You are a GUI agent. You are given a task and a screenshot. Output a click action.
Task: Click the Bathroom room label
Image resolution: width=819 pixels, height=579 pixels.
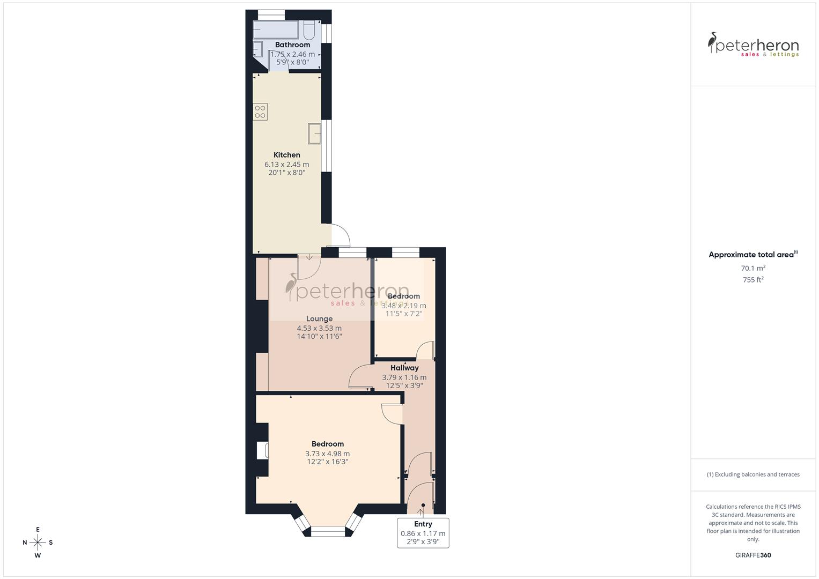point(292,44)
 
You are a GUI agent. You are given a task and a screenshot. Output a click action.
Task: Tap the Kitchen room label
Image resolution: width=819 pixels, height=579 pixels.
point(287,155)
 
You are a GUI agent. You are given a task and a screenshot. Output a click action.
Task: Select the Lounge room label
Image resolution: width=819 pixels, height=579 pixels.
point(319,318)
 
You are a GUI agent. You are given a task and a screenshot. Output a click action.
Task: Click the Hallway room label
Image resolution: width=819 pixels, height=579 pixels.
point(404,368)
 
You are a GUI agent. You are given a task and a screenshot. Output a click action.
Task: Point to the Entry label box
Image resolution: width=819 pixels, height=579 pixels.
point(423,533)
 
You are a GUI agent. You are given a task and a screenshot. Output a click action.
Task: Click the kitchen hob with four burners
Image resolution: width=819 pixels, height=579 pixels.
point(260,112)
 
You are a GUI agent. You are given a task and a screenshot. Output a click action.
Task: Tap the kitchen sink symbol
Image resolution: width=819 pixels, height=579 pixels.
point(314,133)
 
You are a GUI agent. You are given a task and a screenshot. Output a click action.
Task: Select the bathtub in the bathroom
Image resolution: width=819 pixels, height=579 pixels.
point(276,29)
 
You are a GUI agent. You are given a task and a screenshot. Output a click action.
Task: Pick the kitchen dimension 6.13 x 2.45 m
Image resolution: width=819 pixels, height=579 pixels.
point(287,165)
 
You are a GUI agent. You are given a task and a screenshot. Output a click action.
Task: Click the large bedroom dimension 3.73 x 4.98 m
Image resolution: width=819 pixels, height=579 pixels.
point(327,454)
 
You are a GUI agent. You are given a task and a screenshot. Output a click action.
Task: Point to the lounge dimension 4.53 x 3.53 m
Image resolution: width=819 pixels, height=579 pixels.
point(319,328)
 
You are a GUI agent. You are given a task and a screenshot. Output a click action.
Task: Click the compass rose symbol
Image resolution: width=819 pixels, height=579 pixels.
point(38,542)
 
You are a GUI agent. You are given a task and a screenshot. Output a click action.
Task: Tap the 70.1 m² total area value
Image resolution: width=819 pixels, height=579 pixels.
point(753,268)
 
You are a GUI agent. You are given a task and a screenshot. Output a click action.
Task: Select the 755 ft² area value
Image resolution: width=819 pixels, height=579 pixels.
point(753,280)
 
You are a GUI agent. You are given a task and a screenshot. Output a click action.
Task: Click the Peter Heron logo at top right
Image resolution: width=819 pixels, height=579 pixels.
point(753,44)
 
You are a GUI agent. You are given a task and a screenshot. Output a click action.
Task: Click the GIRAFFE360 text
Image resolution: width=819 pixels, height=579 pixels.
point(753,555)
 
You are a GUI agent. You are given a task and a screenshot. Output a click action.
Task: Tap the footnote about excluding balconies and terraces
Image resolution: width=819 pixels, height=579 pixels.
point(753,474)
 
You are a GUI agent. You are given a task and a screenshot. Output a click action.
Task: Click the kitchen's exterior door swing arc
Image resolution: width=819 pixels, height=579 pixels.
point(342,234)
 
